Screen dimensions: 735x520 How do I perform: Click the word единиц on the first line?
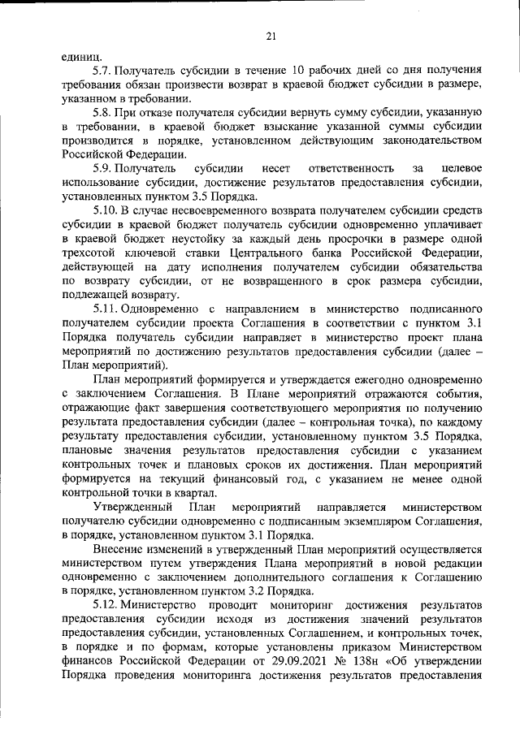[x=82, y=57]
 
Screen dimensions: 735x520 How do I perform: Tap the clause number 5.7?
[x=104, y=71]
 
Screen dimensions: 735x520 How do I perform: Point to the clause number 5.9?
[x=104, y=168]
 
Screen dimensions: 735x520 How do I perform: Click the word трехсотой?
[x=93, y=253]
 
